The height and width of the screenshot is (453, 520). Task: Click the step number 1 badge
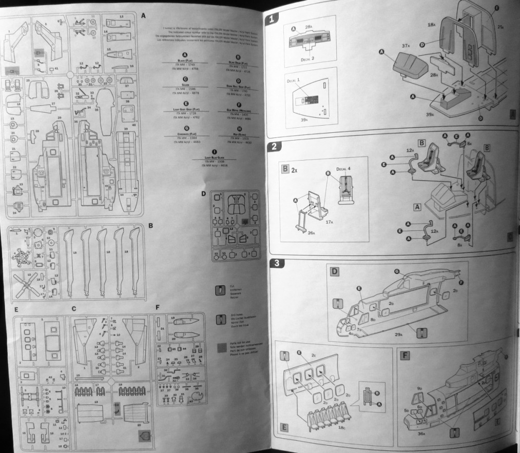pyautogui.click(x=273, y=20)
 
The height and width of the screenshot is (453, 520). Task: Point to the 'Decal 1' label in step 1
pyautogui.click(x=294, y=80)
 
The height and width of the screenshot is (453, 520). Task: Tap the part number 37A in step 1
pyautogui.click(x=405, y=46)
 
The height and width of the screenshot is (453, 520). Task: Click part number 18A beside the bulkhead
pyautogui.click(x=431, y=24)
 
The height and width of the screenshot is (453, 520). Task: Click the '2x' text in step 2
pyautogui.click(x=295, y=169)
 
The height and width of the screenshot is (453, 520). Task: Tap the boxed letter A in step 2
pyautogui.click(x=418, y=207)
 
